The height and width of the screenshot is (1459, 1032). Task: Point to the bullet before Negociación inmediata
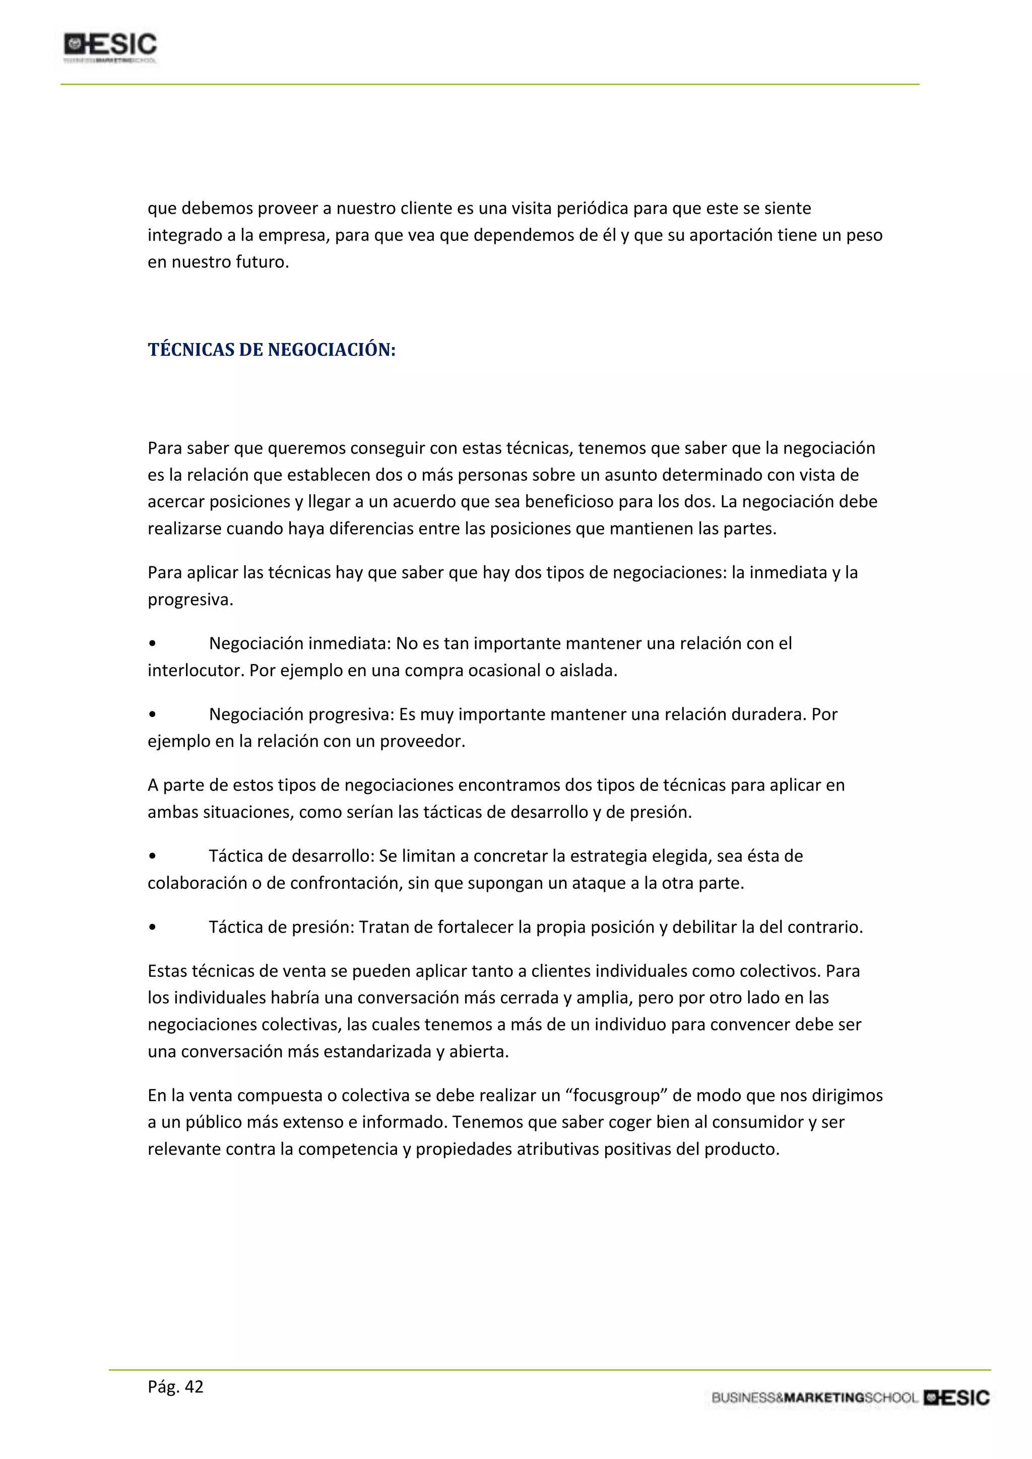[x=152, y=644]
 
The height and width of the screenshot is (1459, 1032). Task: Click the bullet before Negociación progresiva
[x=152, y=715]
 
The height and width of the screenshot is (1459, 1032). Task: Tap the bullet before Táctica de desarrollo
[x=152, y=856]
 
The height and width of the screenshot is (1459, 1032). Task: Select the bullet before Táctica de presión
[x=152, y=928]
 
